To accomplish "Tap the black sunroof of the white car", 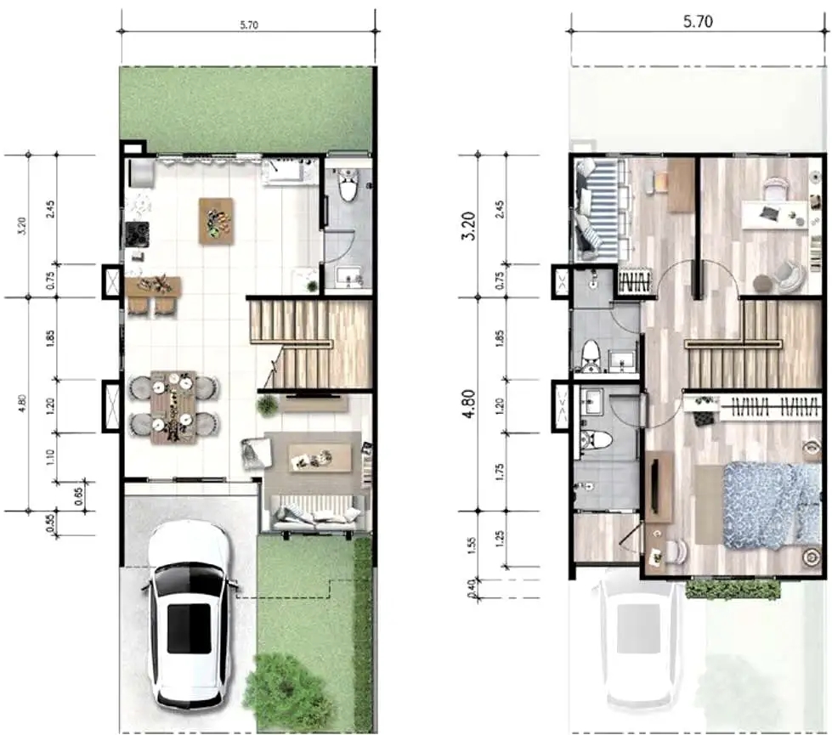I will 189,629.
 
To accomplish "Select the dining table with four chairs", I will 173,407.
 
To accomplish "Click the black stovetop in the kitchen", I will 137,233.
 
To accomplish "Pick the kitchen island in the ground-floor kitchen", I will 216,221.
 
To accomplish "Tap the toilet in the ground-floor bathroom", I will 348,185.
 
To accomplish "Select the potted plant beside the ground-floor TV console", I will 268,405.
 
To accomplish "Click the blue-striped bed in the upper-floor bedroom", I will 600,209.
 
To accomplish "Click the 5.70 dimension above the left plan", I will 248,25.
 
